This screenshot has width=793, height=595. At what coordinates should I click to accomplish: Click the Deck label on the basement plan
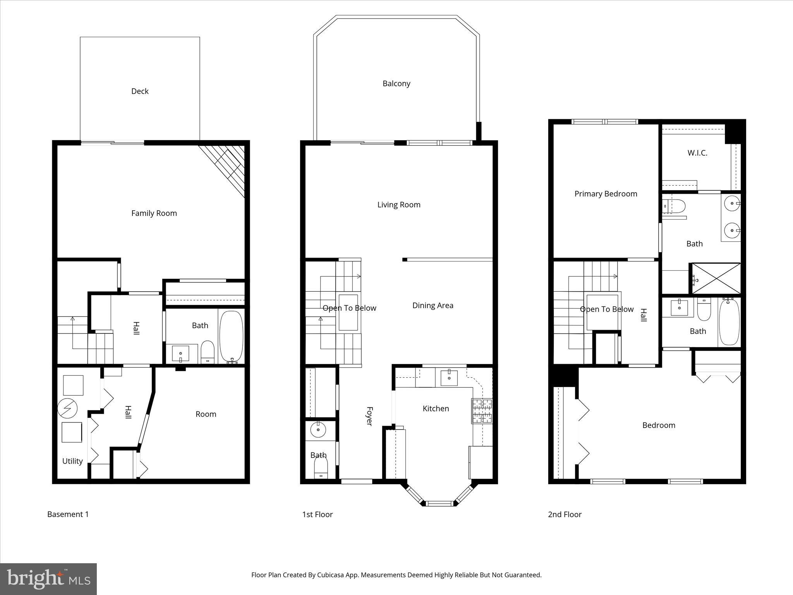(140, 91)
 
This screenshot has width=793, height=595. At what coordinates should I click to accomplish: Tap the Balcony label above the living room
(396, 83)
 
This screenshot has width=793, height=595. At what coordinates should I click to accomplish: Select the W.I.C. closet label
(697, 153)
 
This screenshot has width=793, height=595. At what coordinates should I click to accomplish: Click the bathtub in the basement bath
(231, 336)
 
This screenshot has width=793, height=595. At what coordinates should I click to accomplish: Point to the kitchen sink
(449, 378)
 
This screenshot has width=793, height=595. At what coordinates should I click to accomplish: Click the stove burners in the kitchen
(482, 411)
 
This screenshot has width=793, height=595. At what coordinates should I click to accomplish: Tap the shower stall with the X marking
(716, 278)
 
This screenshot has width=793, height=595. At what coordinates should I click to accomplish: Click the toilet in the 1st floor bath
(321, 467)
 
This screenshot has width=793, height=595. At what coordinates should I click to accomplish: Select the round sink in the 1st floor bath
(318, 429)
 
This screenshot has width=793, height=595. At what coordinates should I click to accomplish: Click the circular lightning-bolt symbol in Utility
(67, 408)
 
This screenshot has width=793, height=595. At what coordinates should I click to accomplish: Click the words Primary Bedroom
(606, 194)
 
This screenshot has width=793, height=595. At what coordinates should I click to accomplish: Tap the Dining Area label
(433, 305)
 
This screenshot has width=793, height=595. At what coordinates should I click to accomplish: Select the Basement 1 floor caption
(68, 514)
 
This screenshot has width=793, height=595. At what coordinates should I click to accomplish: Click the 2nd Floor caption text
(565, 514)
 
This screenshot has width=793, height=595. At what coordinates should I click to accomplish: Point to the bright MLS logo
(48, 579)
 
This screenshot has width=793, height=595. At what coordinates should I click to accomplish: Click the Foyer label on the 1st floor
(369, 416)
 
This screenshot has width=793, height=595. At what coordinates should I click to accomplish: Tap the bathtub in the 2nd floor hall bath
(729, 322)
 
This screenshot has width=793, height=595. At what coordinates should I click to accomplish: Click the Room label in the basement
(206, 414)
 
